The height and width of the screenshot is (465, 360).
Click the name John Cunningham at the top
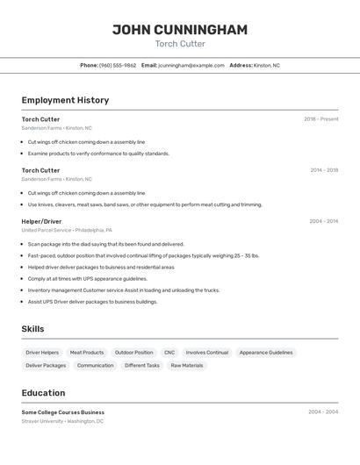click(x=179, y=30)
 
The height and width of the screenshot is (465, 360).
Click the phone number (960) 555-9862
click(x=118, y=65)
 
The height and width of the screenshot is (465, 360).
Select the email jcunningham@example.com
click(x=191, y=65)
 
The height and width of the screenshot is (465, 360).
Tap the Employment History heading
click(x=65, y=100)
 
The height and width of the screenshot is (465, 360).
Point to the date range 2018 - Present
click(x=320, y=119)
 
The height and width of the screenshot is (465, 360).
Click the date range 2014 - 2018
click(x=323, y=170)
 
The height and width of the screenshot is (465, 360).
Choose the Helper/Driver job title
click(x=41, y=221)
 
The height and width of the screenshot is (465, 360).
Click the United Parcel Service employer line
click(x=67, y=230)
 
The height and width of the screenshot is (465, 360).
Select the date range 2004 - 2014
click(x=323, y=221)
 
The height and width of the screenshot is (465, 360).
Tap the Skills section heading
click(x=33, y=329)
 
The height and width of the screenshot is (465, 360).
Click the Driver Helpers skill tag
click(x=42, y=353)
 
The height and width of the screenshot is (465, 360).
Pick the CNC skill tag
click(x=169, y=353)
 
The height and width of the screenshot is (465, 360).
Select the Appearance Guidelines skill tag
click(x=266, y=353)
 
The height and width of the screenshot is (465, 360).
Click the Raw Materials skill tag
click(x=187, y=365)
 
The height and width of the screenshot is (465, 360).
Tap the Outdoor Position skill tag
click(x=133, y=353)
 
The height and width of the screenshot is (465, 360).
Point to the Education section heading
click(x=43, y=393)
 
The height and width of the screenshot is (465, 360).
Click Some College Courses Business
click(x=62, y=412)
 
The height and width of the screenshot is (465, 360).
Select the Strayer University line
click(x=62, y=421)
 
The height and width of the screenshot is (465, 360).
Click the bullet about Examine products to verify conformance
click(x=98, y=154)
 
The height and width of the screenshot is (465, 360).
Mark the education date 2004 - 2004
click(x=323, y=411)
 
